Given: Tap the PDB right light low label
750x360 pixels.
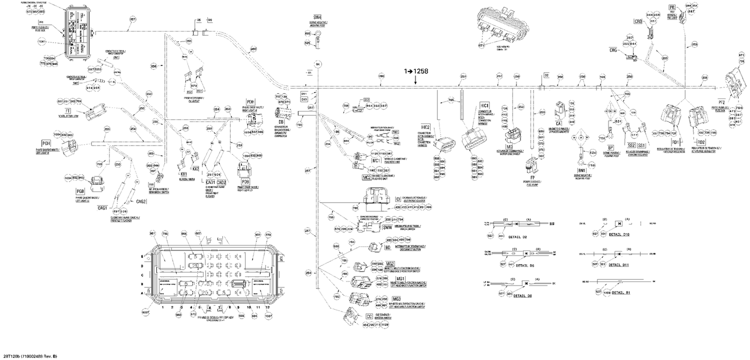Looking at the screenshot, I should [245, 181].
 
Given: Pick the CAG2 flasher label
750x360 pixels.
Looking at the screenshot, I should [141, 201].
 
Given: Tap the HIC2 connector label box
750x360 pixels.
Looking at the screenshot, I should [426, 127].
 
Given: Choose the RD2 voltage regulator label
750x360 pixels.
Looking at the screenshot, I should [701, 142].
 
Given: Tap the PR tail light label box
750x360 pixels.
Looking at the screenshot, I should [672, 7].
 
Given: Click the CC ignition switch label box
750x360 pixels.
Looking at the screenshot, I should [369, 316].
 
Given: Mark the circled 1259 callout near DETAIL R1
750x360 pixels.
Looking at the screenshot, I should [607, 292].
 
